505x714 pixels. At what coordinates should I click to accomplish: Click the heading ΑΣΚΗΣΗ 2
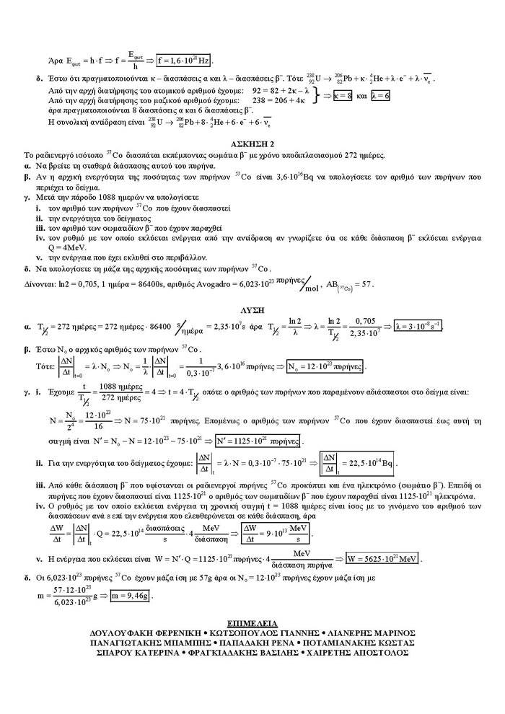click(252, 144)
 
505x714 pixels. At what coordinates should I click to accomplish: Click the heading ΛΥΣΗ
click(252, 307)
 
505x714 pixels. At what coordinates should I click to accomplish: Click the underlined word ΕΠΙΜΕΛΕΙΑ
click(252, 622)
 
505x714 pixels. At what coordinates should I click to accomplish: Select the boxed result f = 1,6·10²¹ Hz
click(184, 60)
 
